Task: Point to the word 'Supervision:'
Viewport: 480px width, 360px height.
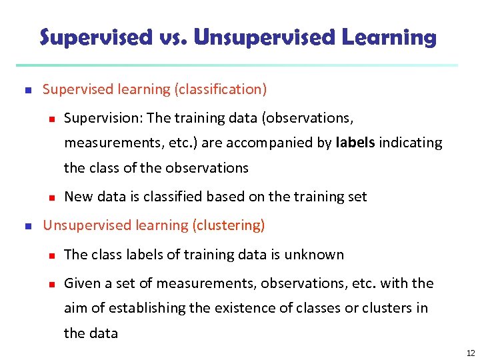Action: click(x=103, y=118)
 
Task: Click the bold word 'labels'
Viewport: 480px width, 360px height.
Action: click(x=356, y=143)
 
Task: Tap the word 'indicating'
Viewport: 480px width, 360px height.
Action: click(x=411, y=143)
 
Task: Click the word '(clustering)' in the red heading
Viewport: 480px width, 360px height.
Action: click(x=228, y=225)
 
